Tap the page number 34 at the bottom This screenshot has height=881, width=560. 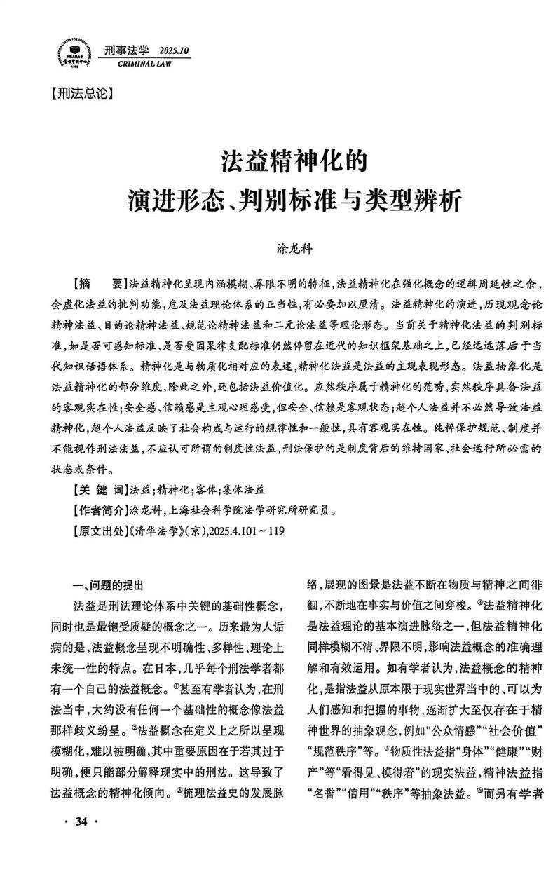pos(81,840)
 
